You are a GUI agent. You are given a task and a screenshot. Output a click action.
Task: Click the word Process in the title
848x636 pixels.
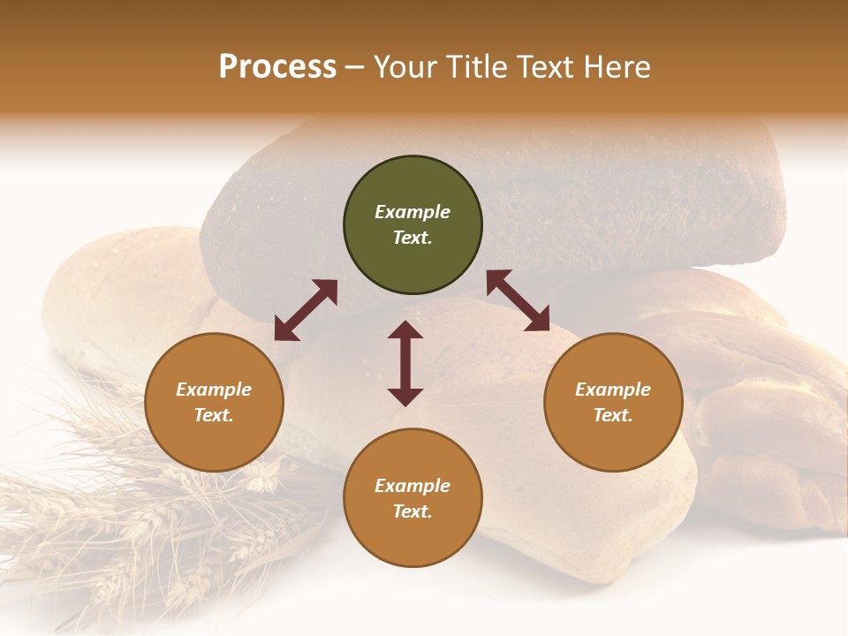[277, 67]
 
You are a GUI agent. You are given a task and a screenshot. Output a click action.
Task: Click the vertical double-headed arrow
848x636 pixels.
[405, 363]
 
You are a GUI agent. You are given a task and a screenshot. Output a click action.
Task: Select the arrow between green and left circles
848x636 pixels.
[306, 310]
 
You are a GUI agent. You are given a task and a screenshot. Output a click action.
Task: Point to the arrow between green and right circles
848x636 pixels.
[518, 300]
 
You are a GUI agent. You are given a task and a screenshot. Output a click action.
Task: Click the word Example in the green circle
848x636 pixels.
[413, 212]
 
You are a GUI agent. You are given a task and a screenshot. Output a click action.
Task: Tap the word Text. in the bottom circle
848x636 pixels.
[413, 511]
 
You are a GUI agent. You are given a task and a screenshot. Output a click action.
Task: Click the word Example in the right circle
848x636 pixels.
[613, 390]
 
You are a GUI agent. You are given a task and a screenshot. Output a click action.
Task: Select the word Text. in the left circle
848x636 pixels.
[214, 415]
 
